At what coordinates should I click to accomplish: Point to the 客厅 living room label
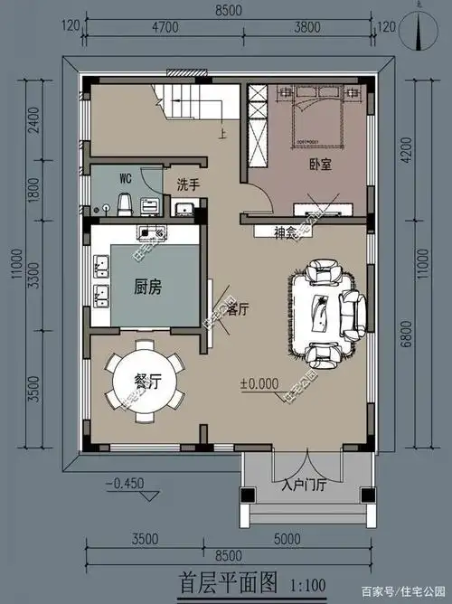238,308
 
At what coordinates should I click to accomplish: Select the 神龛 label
287,232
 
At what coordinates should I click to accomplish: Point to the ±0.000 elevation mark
259,382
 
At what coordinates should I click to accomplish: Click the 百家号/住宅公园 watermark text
405,592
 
